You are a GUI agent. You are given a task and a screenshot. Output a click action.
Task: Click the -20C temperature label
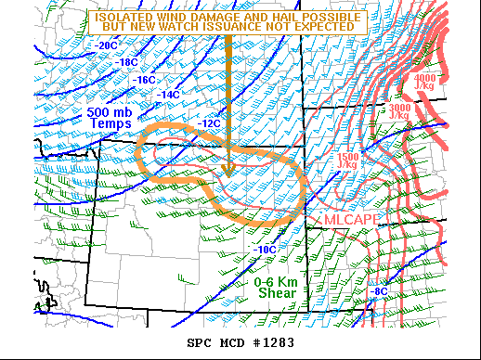(x=107, y=45)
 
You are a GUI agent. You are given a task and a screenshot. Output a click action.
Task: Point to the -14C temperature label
(x=168, y=95)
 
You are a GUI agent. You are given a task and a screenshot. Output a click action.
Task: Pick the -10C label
(x=265, y=250)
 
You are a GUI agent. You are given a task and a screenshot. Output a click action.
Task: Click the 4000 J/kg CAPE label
(x=425, y=83)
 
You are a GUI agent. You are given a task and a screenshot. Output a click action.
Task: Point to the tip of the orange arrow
(x=228, y=174)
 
